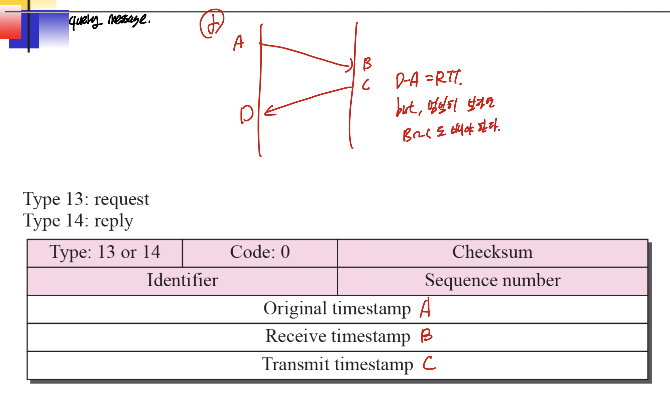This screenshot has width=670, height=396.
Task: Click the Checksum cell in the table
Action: [492, 253]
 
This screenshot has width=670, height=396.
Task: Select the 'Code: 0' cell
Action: [260, 253]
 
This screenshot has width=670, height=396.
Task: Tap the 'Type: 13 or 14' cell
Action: [105, 253]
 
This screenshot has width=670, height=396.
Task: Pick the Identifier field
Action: [182, 281]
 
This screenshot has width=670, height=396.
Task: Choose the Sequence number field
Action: [492, 281]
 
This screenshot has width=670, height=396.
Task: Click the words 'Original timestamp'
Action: [337, 309]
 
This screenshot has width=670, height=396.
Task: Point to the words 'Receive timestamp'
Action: [338, 336]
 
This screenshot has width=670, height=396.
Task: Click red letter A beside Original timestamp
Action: [425, 308]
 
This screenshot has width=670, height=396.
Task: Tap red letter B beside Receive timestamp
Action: [426, 336]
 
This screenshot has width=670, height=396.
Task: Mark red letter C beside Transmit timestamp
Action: [429, 363]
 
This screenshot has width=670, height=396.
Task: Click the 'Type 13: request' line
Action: [86, 200]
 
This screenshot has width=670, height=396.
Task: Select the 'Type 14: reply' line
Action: [78, 221]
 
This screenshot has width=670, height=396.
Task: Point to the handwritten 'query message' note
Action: [109, 21]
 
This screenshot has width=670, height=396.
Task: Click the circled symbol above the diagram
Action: [212, 23]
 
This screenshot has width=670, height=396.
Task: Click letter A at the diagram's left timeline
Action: [239, 43]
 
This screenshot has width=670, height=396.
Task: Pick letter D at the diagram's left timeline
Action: [247, 114]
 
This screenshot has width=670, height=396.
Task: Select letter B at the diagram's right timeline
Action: [367, 64]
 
